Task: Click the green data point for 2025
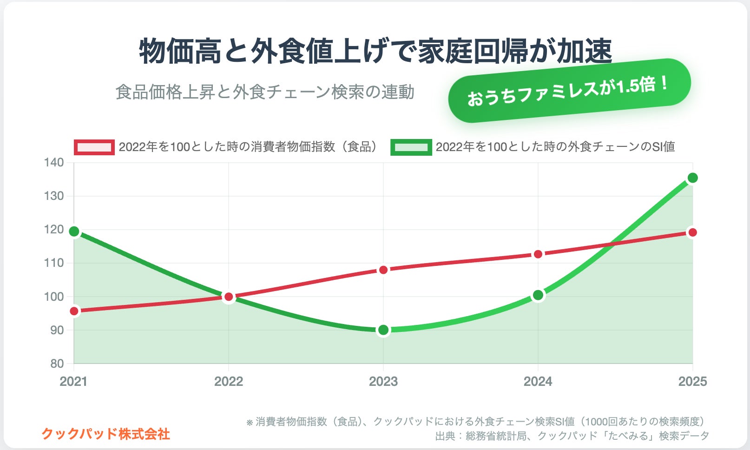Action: click(x=692, y=178)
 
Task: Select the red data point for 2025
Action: click(x=692, y=232)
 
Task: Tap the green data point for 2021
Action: click(x=74, y=232)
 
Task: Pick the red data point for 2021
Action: click(x=74, y=311)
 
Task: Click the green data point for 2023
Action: click(x=383, y=330)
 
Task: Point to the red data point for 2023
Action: click(x=383, y=270)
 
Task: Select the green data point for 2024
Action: click(x=538, y=295)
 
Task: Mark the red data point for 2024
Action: click(x=538, y=254)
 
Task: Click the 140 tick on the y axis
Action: click(x=54, y=163)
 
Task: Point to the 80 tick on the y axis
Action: click(x=57, y=364)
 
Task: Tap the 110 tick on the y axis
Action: click(x=54, y=263)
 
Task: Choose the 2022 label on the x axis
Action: click(x=229, y=382)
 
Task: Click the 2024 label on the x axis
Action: click(x=538, y=382)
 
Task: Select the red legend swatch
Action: click(x=94, y=147)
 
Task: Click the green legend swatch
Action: click(x=411, y=147)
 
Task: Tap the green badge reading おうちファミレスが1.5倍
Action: click(x=569, y=91)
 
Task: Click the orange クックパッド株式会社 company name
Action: click(x=106, y=434)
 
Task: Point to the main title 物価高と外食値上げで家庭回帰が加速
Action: click(x=375, y=51)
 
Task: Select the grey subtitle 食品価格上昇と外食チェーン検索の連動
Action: click(x=265, y=92)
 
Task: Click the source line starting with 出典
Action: click(x=572, y=436)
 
